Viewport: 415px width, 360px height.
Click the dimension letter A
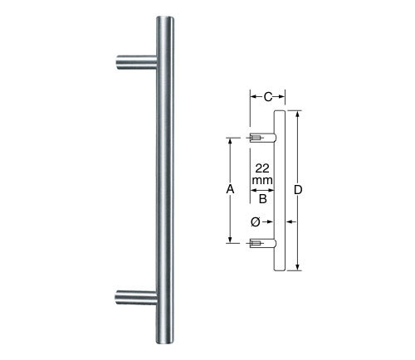click(x=230, y=190)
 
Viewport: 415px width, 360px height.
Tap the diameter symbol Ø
click(x=255, y=221)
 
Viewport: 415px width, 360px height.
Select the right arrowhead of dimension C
click(x=280, y=97)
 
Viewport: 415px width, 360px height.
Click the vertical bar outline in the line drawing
click(x=280, y=190)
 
